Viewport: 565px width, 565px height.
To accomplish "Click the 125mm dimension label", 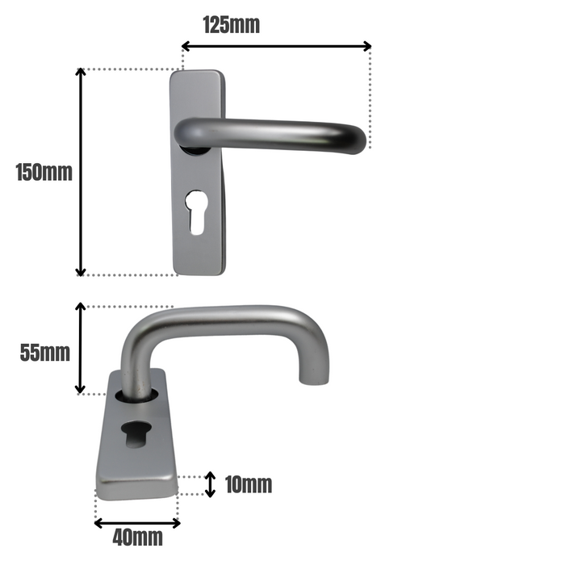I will tap(231, 25).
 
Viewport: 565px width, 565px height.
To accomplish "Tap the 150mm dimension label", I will tap(44, 173).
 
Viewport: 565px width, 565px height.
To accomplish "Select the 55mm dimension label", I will tap(45, 352).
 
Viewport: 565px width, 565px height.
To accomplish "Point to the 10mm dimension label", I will tap(248, 484).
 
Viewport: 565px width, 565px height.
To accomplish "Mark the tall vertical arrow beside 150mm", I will tap(80, 173).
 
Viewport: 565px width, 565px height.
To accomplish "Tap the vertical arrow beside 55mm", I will tap(80, 347).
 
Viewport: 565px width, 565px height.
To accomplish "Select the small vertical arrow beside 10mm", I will tap(210, 484).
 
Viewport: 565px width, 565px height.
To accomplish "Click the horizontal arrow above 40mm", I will tap(137, 522).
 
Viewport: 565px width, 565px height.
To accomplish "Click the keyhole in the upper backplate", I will tap(197, 211).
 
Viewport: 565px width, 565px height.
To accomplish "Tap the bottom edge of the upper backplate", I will tap(199, 273).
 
